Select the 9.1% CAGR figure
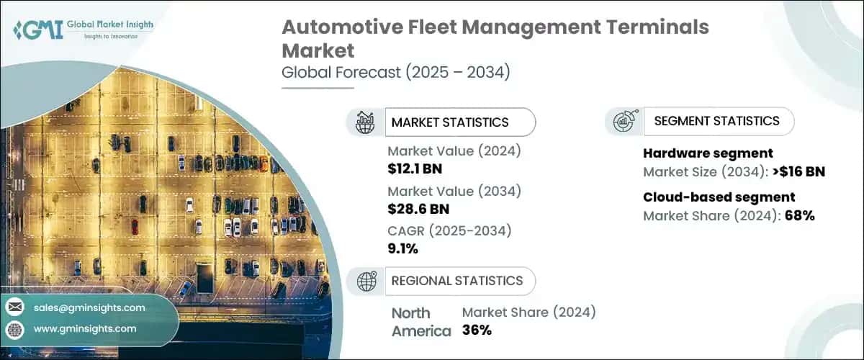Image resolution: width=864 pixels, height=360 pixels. (402, 248)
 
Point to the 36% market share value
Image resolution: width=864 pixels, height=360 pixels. (477, 330)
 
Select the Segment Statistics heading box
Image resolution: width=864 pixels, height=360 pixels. (716, 121)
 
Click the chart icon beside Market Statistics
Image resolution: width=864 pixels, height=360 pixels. (365, 122)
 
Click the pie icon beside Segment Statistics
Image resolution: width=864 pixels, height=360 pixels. (623, 121)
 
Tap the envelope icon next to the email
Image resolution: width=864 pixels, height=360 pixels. (14, 307)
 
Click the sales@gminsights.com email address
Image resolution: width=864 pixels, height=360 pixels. (89, 307)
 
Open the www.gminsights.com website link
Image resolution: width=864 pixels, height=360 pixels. (84, 328)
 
